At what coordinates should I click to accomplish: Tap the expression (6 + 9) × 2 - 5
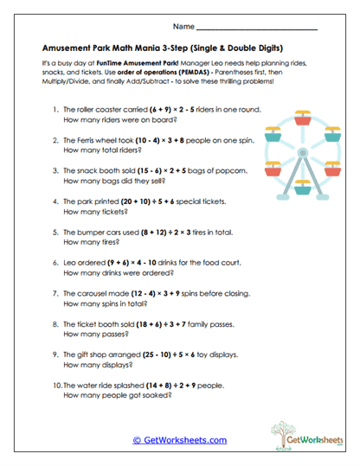[x=176, y=111]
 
